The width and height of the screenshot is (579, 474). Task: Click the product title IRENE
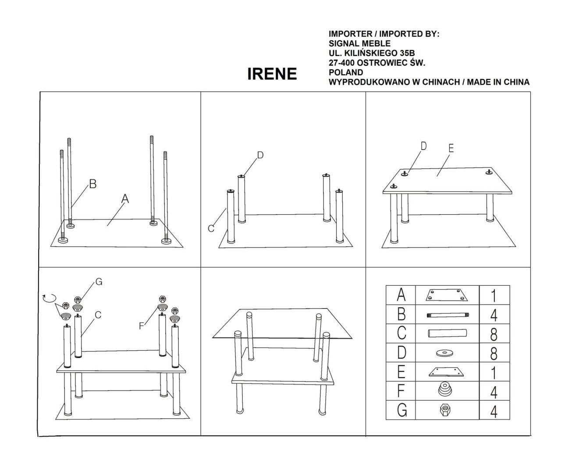pos(272,74)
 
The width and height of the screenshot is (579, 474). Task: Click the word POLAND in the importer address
pos(345,72)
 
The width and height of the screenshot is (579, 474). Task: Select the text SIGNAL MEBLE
pos(359,43)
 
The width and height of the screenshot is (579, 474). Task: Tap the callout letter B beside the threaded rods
pos(92,184)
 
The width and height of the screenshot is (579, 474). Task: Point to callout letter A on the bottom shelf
pos(125,199)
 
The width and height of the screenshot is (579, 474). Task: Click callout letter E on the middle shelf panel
pos(451,148)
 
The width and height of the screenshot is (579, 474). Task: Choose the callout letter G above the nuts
pos(99,282)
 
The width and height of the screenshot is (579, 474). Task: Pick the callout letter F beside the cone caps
pos(142,326)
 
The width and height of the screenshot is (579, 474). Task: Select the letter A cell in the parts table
pos(401,295)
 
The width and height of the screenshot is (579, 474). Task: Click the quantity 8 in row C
pos(494,334)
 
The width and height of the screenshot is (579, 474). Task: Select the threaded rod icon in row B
pos(447,315)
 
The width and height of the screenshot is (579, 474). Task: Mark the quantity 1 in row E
pos(494,373)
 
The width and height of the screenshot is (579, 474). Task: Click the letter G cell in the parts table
pos(401,410)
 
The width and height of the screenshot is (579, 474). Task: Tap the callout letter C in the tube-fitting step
pos(211,228)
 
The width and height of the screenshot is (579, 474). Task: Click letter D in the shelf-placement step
pos(423,146)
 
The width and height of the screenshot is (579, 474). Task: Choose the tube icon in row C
pos(446,334)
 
